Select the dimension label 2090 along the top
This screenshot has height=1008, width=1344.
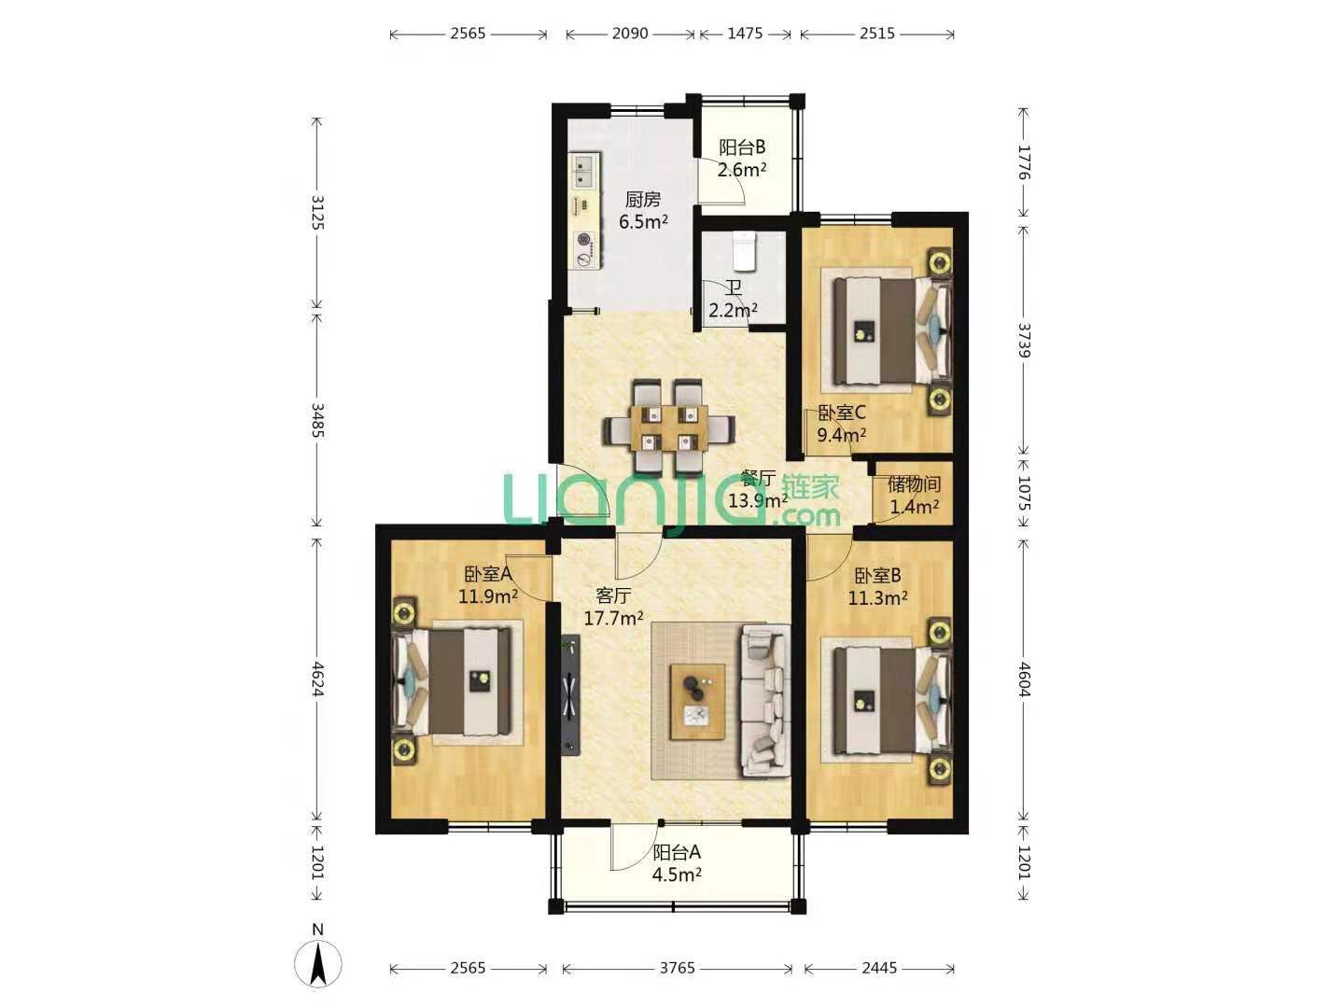coord(630,33)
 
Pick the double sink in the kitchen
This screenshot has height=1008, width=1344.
coord(154,171)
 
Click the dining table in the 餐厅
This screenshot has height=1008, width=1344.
coord(670,427)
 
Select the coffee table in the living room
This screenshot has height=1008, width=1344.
coord(698,702)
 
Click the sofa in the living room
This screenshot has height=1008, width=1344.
coord(765,701)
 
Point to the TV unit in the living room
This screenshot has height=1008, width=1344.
coord(570,695)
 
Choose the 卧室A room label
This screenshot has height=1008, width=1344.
coord(488,574)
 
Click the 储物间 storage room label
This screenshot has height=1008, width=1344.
coord(914,484)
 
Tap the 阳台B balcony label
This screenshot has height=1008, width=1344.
coord(742,147)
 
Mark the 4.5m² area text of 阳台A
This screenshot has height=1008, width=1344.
coord(677,875)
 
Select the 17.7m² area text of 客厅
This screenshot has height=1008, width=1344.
coord(613,618)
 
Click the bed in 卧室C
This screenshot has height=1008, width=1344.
coord(891,331)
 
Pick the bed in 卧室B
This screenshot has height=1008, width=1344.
coord(891,701)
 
